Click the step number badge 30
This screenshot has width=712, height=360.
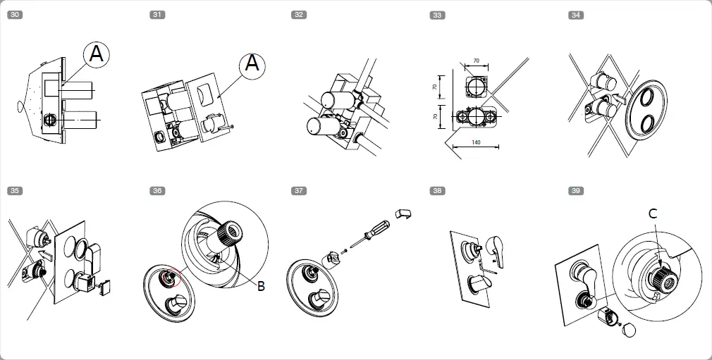pos(14,15)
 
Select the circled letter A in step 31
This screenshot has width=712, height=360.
pos(253,65)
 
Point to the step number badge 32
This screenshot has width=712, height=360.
pos(300,15)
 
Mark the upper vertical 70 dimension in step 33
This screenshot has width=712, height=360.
pos(435,87)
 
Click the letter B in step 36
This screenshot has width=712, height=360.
pos(260,286)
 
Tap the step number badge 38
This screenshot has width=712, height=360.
pos(438,190)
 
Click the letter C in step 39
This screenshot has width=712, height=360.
pos(653,213)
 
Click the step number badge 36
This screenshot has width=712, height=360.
pos(157,190)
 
